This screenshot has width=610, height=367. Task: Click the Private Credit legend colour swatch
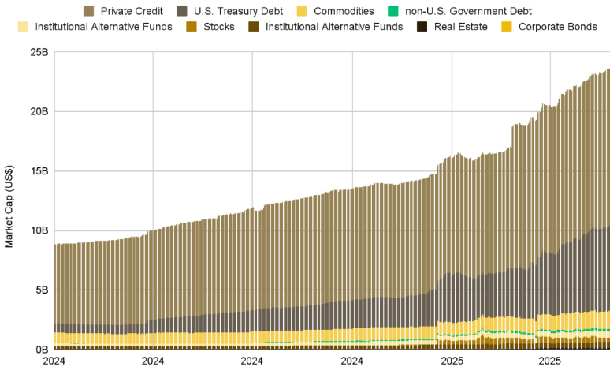click(89, 11)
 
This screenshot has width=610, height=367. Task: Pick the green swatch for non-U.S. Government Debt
click(393, 11)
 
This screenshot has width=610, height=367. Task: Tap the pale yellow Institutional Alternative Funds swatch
click(23, 27)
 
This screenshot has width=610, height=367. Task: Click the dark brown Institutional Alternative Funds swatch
click(255, 27)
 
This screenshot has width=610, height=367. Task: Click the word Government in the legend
click(486, 11)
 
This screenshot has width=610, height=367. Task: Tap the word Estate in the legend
click(471, 27)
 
